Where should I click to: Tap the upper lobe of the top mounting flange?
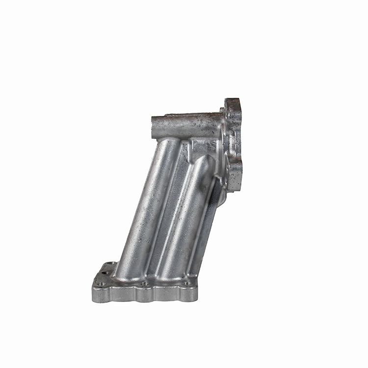pyautogui.click(x=234, y=110)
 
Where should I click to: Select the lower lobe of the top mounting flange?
pyautogui.click(x=235, y=169)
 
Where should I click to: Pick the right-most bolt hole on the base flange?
pyautogui.click(x=187, y=283)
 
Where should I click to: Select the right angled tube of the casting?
pyautogui.click(x=184, y=216)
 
